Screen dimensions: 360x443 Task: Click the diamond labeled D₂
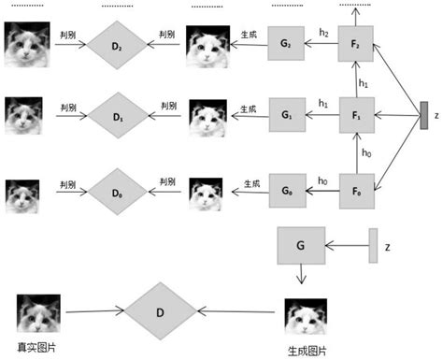pyautogui.click(x=117, y=43)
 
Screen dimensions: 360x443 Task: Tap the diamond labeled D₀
pyautogui.click(x=117, y=192)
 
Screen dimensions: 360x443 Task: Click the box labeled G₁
pyautogui.click(x=286, y=116)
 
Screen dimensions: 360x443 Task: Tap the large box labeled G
pyautogui.click(x=300, y=246)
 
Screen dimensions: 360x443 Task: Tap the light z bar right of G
pyautogui.click(x=374, y=245)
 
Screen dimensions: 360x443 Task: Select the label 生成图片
pyautogui.click(x=307, y=350)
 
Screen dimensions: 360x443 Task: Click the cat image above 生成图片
pyautogui.click(x=307, y=316)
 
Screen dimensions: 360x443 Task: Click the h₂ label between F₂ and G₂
pyautogui.click(x=323, y=33)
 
